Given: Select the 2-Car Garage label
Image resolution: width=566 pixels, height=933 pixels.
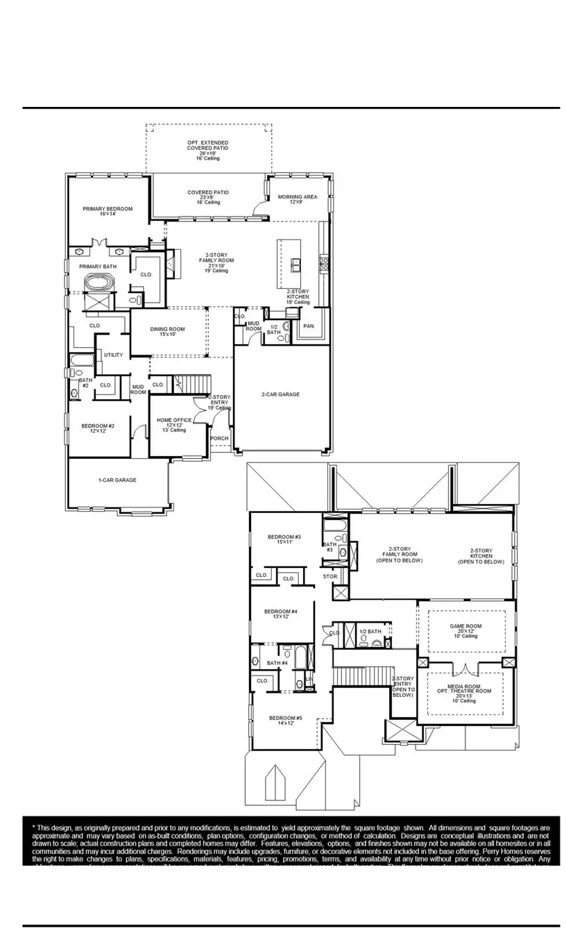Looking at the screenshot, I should pos(280,394).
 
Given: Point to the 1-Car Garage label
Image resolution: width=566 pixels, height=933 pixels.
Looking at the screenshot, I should pos(117,480).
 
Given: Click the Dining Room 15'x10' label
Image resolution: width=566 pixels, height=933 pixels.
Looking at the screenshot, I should pos(168,331).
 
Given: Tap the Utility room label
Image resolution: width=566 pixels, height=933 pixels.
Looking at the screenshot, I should pos(114,355).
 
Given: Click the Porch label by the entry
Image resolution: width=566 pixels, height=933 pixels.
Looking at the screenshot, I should pos(219,439).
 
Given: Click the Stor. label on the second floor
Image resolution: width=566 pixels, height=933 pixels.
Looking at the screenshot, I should pos(330,576).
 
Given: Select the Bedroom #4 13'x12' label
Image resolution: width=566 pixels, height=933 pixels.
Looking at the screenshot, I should pos(281,614).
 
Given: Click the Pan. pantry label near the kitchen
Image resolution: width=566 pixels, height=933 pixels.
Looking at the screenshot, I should pos(309,326).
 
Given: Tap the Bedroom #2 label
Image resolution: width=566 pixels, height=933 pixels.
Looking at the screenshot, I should pos(98,428).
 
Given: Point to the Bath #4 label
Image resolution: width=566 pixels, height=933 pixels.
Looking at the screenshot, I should pos(277,663).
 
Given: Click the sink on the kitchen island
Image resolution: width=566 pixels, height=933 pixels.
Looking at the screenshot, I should pos(296,264).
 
